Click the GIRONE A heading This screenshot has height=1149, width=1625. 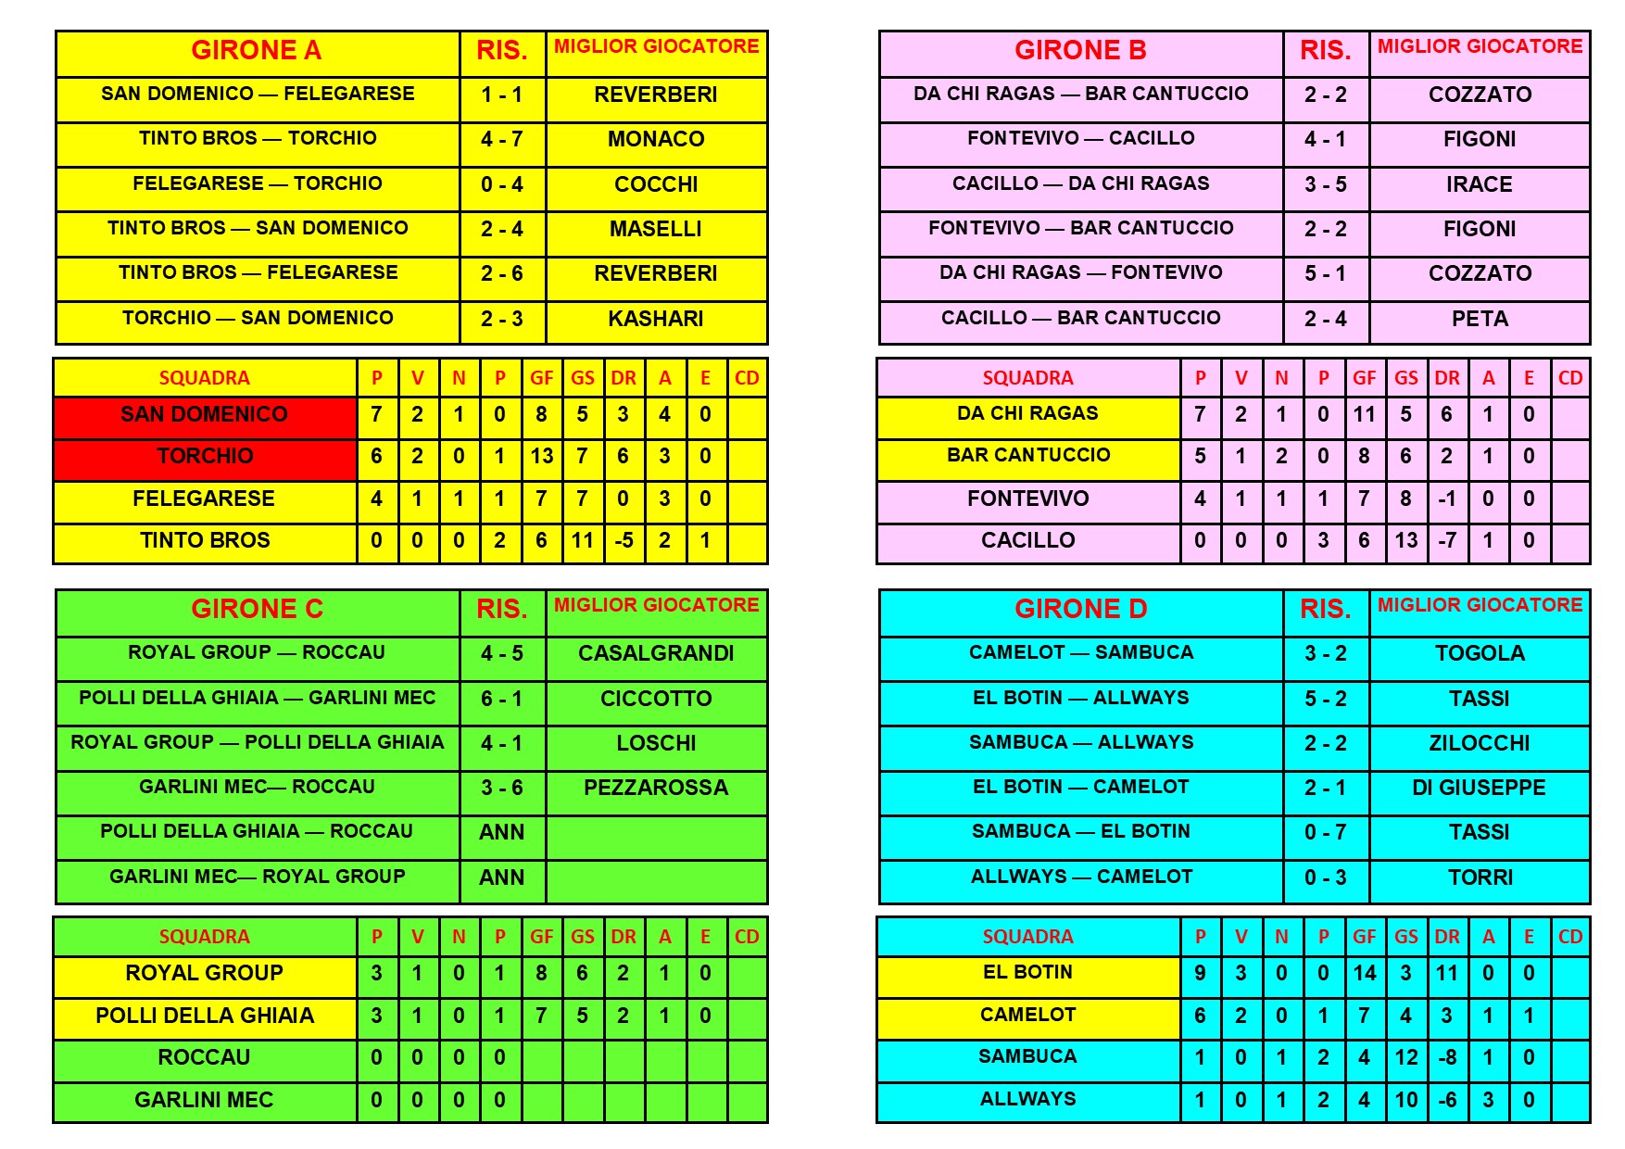click(257, 51)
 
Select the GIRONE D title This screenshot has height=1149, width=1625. click(1080, 610)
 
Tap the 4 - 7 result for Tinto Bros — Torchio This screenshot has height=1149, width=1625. click(501, 140)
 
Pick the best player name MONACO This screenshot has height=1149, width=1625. click(656, 140)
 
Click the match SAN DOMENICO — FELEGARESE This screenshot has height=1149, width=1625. click(258, 95)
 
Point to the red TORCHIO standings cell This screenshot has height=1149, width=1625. click(205, 457)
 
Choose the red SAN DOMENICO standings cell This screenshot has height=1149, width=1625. click(205, 415)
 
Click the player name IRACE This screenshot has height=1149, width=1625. click(1480, 184)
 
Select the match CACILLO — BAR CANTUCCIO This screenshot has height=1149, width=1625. click(1080, 319)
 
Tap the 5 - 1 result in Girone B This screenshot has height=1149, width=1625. click(1325, 274)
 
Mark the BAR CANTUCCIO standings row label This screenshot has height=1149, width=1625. click(1028, 456)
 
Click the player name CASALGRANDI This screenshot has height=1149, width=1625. click(656, 654)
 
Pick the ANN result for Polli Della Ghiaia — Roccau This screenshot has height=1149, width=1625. click(501, 833)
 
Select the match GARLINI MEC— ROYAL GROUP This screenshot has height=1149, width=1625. click(258, 878)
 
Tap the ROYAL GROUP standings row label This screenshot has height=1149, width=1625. click(205, 974)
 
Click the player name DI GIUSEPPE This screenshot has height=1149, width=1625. click(1480, 789)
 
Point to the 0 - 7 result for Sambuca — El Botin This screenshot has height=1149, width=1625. click(1325, 833)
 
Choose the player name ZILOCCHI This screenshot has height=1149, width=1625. click(1480, 744)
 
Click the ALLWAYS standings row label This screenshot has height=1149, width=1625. click(1028, 1100)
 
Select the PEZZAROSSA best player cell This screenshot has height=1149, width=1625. click(656, 789)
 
